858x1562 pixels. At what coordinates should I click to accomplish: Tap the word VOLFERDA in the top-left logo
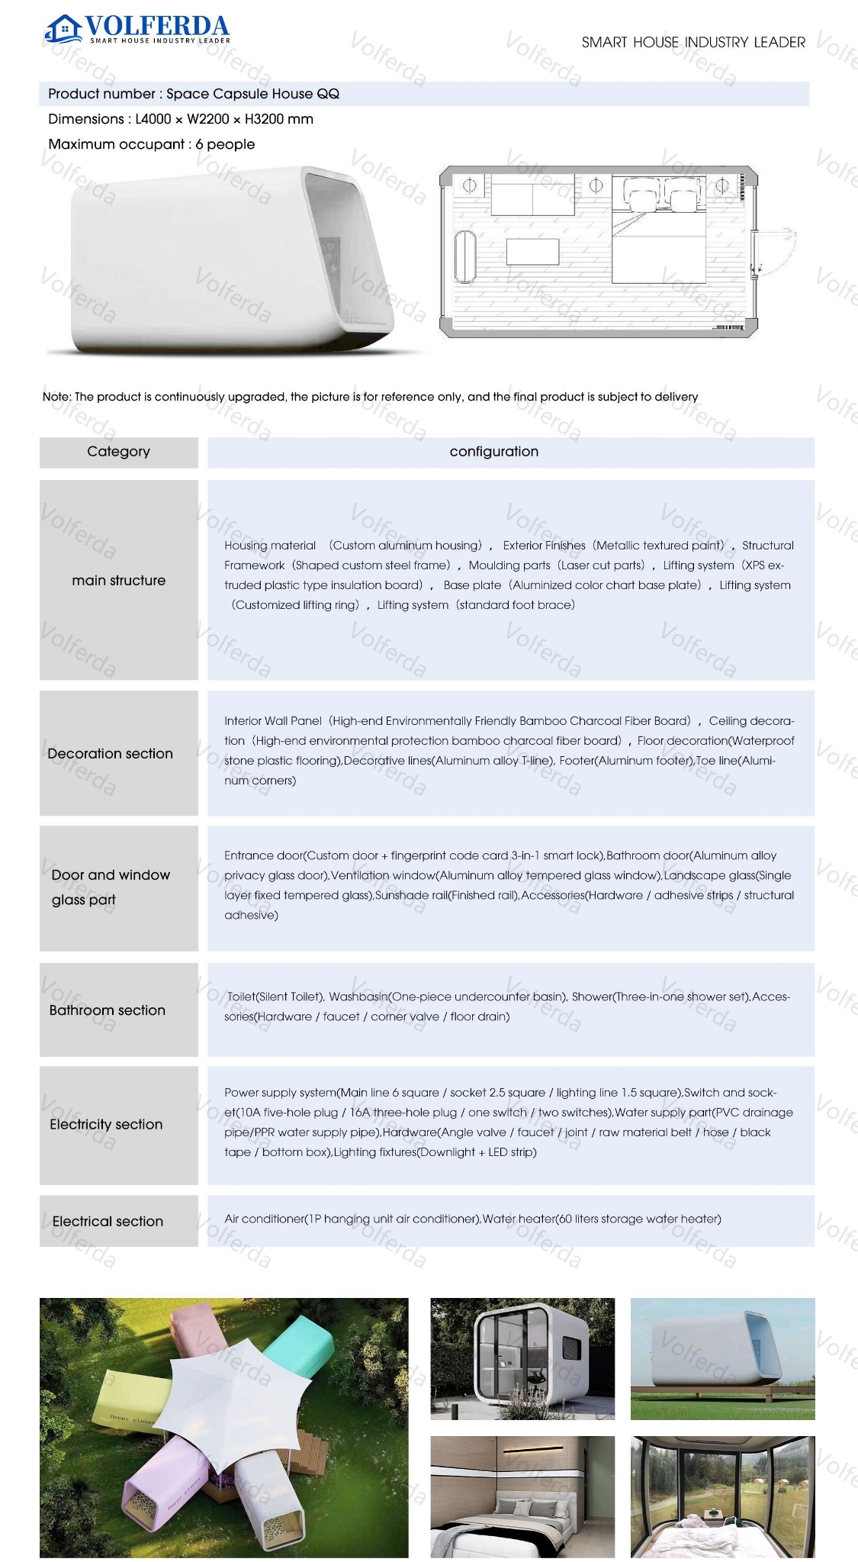[157, 26]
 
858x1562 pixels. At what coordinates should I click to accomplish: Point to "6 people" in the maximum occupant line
[225, 144]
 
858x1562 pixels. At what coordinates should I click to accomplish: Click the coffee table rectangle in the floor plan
[532, 253]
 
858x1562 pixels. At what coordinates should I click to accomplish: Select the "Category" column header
[118, 452]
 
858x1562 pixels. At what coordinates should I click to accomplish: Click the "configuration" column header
[493, 452]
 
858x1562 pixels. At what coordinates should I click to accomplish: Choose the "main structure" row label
[118, 581]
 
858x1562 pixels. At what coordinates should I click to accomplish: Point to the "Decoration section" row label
[110, 754]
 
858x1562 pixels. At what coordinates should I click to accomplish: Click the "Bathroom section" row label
[107, 1010]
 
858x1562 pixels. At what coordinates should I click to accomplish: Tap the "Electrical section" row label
[108, 1222]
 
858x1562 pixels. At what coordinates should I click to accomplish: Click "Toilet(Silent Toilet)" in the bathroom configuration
[276, 997]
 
